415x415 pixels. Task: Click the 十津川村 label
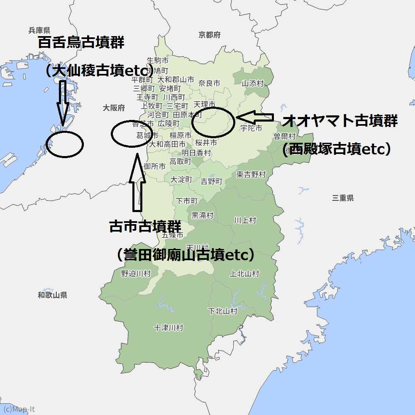click(168, 328)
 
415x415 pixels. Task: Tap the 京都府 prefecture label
click(209, 35)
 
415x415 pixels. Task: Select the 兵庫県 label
click(39, 30)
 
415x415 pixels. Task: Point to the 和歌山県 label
click(52, 295)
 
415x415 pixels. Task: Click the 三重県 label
click(343, 198)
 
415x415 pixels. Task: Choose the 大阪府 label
click(114, 108)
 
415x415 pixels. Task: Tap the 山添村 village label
click(253, 83)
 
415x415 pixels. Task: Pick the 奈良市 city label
click(209, 83)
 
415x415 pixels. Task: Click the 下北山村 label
click(222, 311)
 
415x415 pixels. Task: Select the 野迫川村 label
click(136, 273)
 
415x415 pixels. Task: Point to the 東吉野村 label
click(251, 175)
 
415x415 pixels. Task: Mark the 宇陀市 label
click(251, 128)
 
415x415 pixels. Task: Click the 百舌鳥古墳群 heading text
click(81, 42)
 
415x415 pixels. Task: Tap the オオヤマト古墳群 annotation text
click(340, 121)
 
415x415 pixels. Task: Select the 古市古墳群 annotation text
click(145, 227)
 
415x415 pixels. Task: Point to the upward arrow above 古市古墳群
click(137, 183)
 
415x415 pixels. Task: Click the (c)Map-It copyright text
click(19, 409)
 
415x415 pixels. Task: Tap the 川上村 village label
click(245, 220)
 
